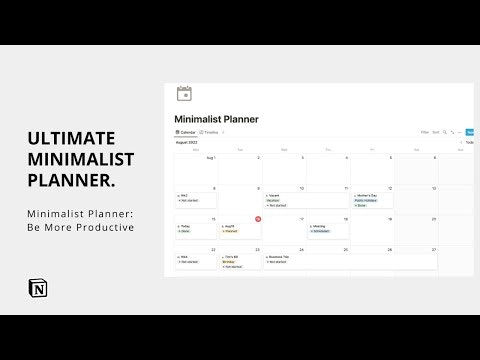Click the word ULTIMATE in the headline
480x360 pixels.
coord(71,138)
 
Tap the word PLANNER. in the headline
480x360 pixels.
coord(71,181)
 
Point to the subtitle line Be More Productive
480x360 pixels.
coord(80,228)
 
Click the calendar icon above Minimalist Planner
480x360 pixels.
coord(184,93)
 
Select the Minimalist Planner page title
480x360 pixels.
coord(216,119)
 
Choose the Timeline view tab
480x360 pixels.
coord(209,132)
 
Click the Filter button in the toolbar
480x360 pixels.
coord(424,132)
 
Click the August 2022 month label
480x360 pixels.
coord(188,142)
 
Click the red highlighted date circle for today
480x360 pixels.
coord(258,218)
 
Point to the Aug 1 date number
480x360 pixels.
coord(211,157)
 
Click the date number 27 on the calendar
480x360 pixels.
coord(433,249)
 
